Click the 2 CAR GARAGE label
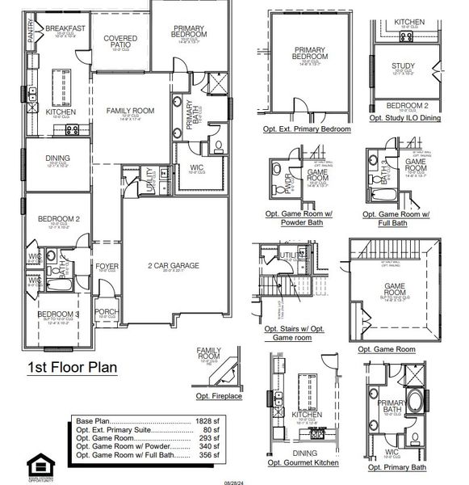click(x=173, y=265)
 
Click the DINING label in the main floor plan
click(x=58, y=159)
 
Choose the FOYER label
click(x=107, y=265)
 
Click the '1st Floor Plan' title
click(x=73, y=368)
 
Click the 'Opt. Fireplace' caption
click(x=218, y=396)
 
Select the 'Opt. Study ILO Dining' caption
click(x=404, y=118)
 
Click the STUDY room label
click(x=403, y=66)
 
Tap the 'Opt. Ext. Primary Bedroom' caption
click(x=307, y=129)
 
